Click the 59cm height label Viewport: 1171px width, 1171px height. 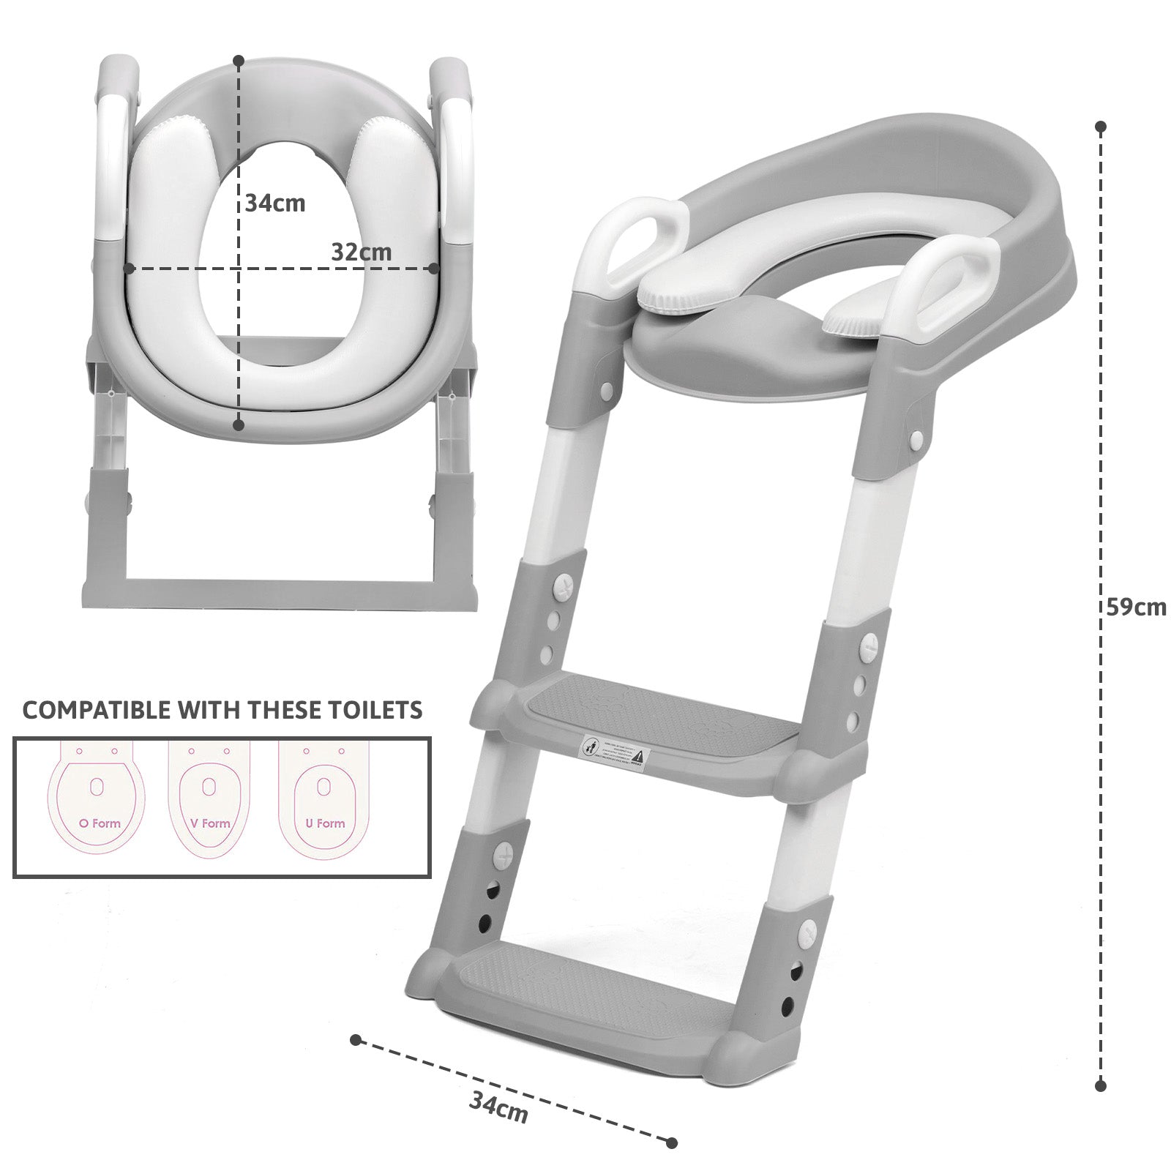(1136, 607)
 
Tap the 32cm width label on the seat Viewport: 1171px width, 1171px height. (361, 252)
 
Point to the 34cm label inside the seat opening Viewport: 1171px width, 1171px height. (274, 203)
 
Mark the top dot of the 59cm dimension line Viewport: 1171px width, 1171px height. (1100, 127)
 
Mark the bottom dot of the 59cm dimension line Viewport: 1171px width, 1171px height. (1100, 1086)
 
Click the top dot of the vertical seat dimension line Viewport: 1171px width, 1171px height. (239, 60)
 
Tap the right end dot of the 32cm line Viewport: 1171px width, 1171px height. (434, 269)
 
